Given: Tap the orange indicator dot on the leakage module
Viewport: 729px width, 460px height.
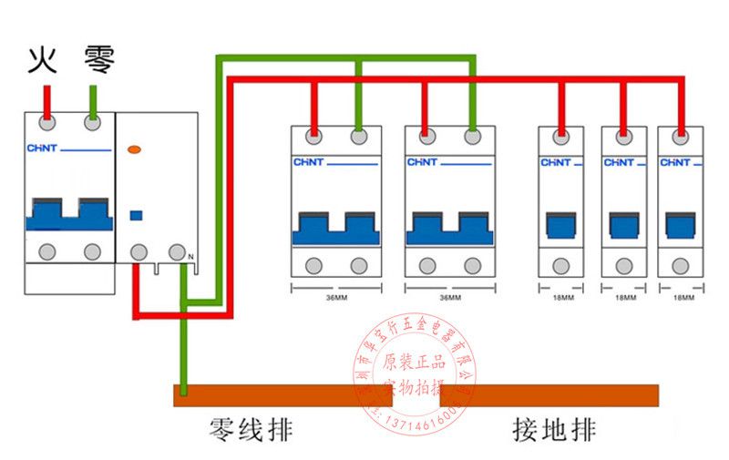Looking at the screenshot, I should (x=136, y=148).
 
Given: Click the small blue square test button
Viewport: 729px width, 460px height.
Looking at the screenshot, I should (x=137, y=215).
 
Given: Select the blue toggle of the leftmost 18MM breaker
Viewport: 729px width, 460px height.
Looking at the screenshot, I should (x=560, y=224).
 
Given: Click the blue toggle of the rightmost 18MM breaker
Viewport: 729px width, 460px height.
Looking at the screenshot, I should (x=680, y=224).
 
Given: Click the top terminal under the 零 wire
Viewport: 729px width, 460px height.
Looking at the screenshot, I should (x=92, y=122).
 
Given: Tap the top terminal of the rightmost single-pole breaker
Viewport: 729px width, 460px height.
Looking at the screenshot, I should (x=680, y=138).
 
